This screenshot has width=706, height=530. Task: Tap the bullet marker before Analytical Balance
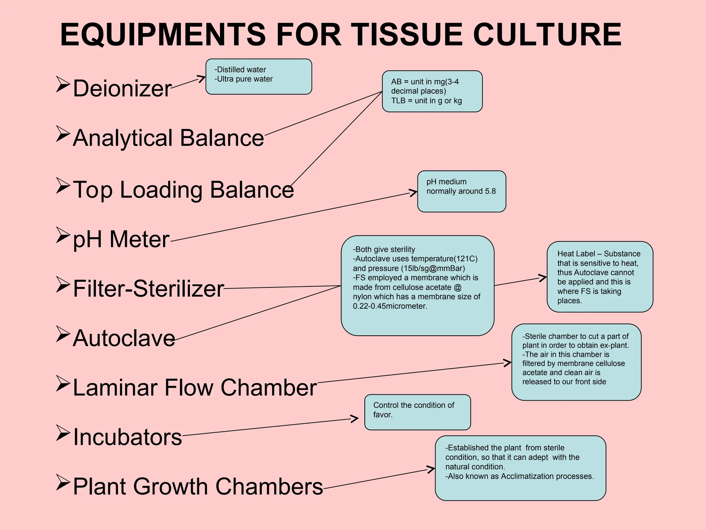(63, 134)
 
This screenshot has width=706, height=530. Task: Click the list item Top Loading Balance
(183, 189)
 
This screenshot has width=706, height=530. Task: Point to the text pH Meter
(121, 239)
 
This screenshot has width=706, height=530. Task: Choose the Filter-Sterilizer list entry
(148, 288)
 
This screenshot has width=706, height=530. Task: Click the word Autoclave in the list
(124, 338)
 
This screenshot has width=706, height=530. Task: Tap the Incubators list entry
(127, 437)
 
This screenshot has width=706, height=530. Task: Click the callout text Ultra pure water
(244, 79)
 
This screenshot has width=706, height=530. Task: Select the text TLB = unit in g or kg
(426, 101)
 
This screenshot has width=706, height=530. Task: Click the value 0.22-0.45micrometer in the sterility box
(390, 306)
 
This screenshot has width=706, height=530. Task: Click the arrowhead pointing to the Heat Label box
(544, 277)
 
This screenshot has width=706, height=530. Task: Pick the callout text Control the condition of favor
(413, 410)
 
